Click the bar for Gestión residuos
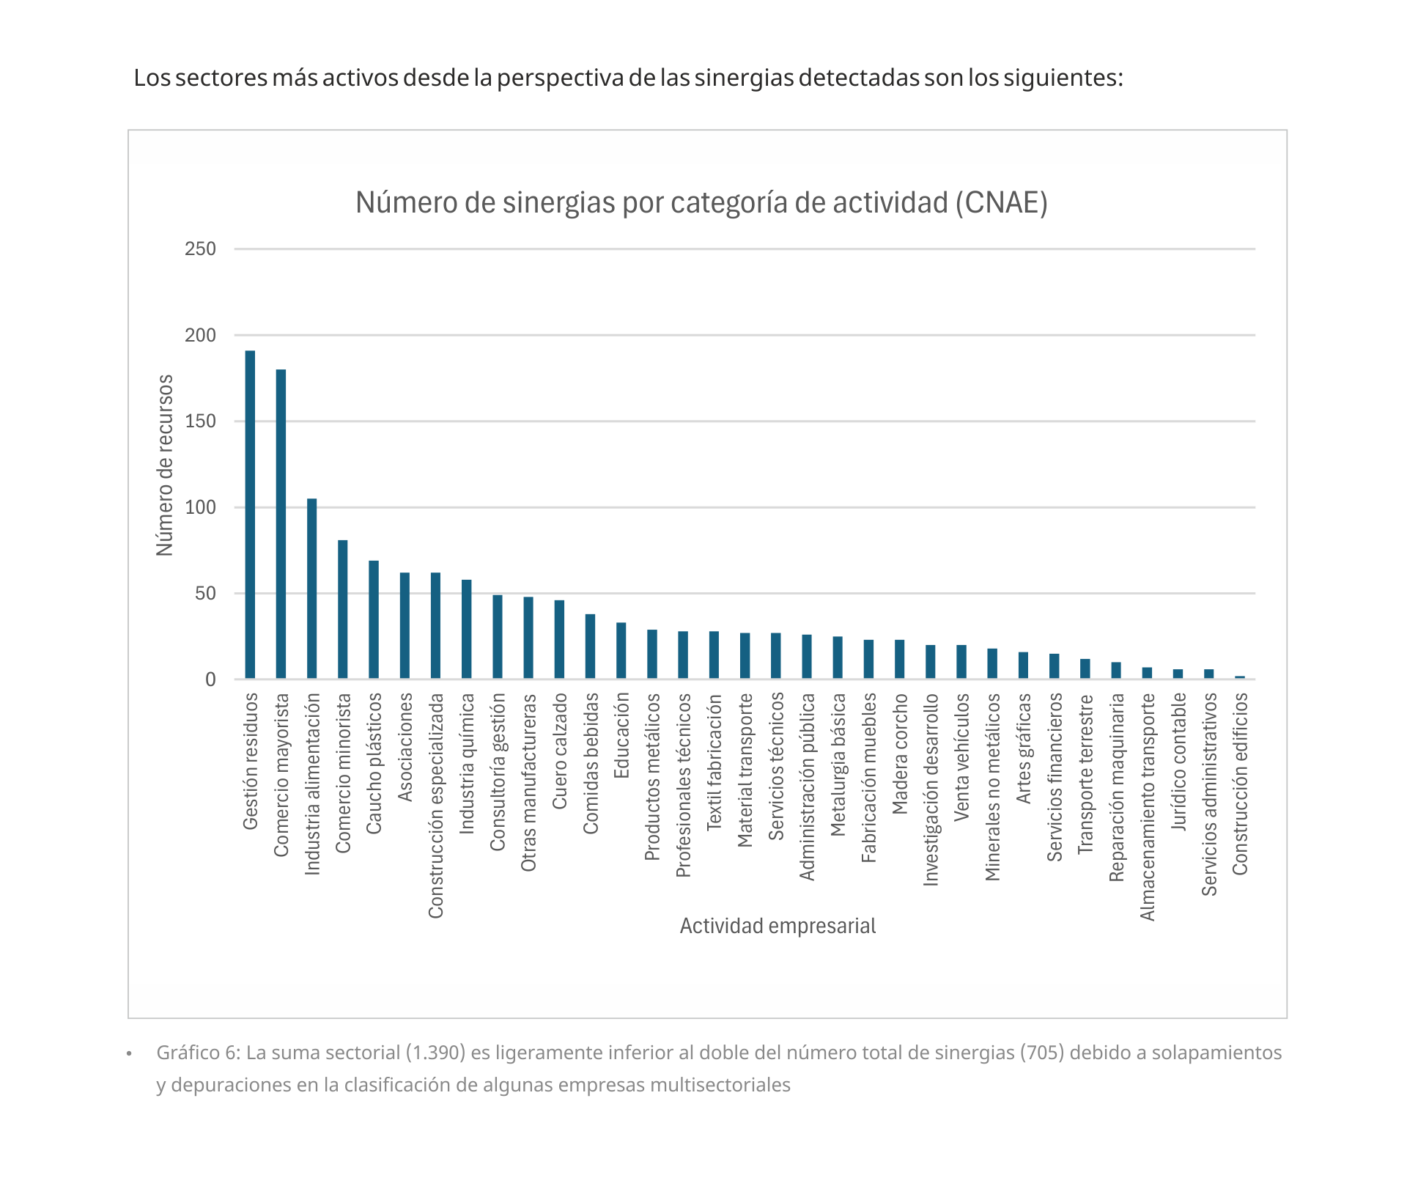pos(250,515)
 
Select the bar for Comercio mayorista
pos(281,524)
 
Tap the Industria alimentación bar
pos(311,589)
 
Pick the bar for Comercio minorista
pos(342,609)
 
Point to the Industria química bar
pos(466,629)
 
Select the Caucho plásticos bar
pos(374,619)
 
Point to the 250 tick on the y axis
pos(200,249)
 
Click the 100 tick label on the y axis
pos(200,507)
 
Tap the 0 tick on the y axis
pos(210,679)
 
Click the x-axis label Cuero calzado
pos(560,751)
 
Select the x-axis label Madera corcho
pos(900,754)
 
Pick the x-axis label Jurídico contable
pos(1178,762)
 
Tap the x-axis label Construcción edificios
pos(1240,784)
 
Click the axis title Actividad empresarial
pos(778,926)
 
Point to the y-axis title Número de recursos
pos(165,465)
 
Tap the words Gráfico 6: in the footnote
pos(198,1053)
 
